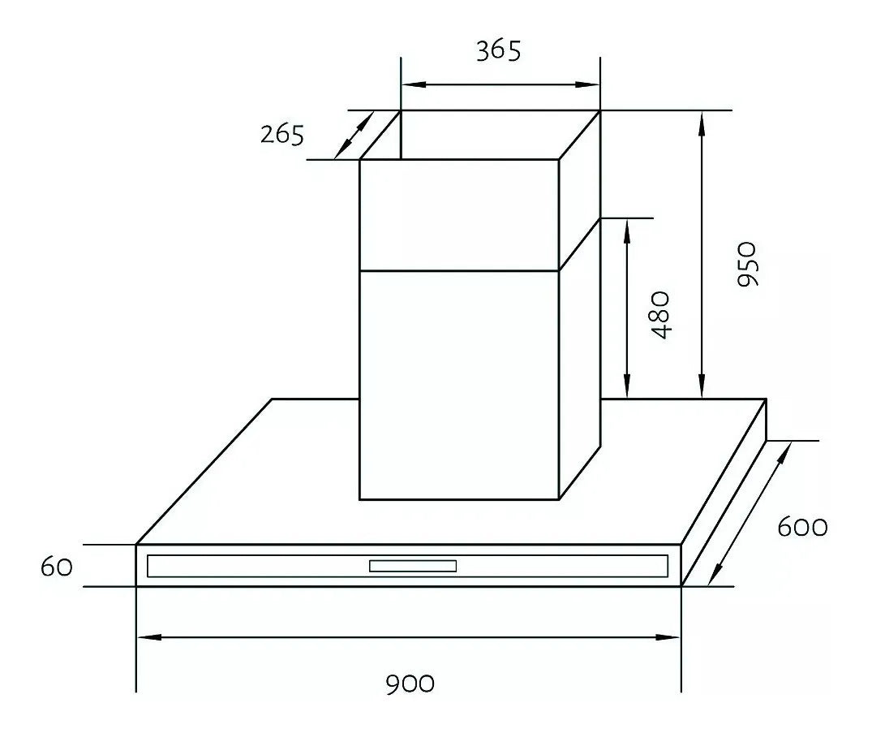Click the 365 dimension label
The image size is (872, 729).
497,50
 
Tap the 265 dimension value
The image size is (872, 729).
282,134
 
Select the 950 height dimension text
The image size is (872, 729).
746,263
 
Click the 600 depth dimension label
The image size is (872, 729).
802,527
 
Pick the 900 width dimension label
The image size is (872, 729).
409,684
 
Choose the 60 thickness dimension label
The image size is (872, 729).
57,566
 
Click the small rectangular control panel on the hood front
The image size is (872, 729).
413,566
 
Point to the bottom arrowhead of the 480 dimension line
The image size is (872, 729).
627,389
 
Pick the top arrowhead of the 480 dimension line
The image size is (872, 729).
627,228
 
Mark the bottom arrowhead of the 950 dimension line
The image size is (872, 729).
702,389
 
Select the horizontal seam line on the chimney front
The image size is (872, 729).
459,270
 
